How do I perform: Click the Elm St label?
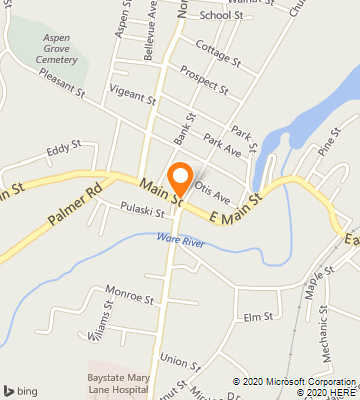(x=258, y=318)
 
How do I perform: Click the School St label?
(x=221, y=15)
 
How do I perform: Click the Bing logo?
(x=21, y=388)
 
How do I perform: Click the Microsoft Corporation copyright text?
(x=294, y=381)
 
